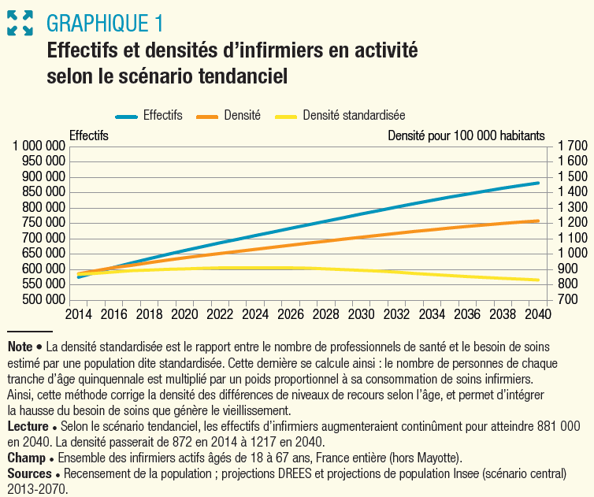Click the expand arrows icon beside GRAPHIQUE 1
[20, 22]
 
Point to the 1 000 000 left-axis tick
[39, 147]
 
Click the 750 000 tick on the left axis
[43, 223]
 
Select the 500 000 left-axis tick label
[43, 300]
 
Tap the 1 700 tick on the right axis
[572, 147]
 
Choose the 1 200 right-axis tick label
[572, 223]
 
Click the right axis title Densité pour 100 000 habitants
[466, 135]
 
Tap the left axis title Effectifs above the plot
[89, 135]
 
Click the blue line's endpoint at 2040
[538, 183]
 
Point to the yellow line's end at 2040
[538, 280]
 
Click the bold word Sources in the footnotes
[28, 474]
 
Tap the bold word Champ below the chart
[26, 458]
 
